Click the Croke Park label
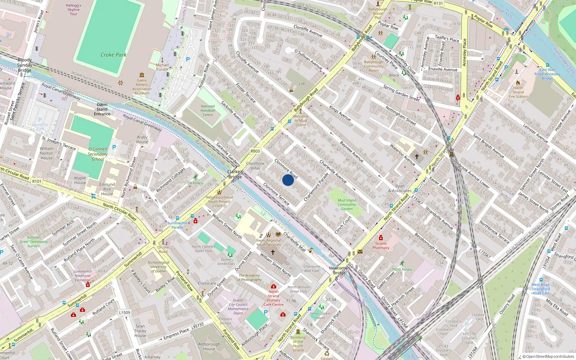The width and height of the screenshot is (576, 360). (113, 55)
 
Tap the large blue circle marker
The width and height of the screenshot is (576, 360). (288, 180)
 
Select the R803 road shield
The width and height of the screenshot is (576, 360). (255, 151)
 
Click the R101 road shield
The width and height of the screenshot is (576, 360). (37, 181)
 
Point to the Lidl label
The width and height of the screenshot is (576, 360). (302, 84)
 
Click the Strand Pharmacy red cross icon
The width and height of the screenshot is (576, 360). (381, 238)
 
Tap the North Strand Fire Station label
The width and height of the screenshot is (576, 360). (518, 92)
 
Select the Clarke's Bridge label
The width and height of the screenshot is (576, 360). (235, 174)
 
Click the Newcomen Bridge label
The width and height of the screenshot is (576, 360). (339, 270)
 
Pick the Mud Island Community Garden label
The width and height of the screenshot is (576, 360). (347, 204)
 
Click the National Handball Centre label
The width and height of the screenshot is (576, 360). (208, 111)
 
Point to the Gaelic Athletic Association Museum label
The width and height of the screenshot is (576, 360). (142, 87)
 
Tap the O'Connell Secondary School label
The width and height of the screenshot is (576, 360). (98, 154)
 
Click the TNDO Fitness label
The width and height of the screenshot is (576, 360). (402, 269)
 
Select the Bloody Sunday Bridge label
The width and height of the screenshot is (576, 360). (25, 65)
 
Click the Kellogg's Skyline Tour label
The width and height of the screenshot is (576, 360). (73, 10)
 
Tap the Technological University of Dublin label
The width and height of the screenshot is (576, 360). (158, 267)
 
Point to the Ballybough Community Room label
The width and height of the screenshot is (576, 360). (374, 66)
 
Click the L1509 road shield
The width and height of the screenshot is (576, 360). (125, 312)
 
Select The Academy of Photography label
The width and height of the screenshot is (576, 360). (250, 278)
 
